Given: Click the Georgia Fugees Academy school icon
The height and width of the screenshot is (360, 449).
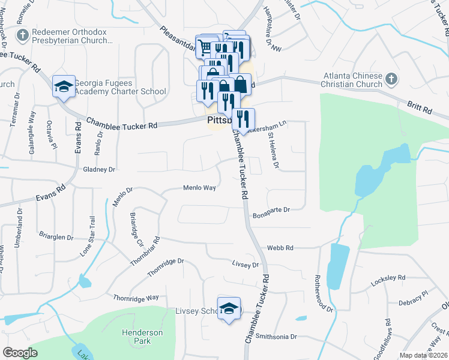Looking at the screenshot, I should click(63, 87).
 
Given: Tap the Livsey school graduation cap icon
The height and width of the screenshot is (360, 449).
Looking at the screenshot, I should click(229, 308).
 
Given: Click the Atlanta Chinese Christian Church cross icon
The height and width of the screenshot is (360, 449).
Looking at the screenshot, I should click(391, 79).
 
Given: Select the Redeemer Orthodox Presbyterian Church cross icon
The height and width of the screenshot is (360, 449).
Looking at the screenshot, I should click(23, 35).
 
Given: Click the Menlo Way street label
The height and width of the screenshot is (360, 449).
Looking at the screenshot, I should click(199, 188).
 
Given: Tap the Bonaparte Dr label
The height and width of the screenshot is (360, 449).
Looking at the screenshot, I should click(271, 210).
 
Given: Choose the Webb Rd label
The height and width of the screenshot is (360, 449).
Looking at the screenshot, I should click(280, 247).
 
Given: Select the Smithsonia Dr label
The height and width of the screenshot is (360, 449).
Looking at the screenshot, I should click(276, 337).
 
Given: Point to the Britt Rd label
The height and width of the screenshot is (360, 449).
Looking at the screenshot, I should click(418, 111).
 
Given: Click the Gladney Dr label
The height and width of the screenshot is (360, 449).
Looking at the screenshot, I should click(99, 170).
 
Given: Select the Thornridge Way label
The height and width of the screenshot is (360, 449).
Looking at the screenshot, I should click(136, 298).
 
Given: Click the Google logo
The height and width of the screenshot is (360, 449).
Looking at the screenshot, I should click(20, 352).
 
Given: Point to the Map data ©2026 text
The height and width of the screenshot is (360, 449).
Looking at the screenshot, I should click(423, 355).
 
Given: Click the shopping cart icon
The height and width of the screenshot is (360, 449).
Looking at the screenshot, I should click(205, 46).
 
